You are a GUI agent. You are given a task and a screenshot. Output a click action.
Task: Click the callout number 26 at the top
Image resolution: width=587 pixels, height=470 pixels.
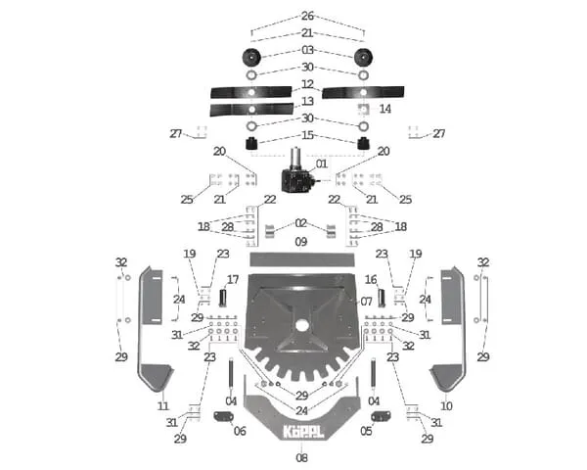pos(307,17)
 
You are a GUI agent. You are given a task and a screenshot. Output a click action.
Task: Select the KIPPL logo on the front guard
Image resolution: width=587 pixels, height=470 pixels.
pos(301,430)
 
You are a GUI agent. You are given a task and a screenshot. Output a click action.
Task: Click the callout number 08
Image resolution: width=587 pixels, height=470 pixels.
pos(301,457)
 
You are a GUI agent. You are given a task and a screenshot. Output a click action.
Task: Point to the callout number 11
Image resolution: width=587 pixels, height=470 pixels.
pos(162,404)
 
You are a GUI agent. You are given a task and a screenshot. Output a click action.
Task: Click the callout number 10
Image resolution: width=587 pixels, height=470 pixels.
pos(447,404)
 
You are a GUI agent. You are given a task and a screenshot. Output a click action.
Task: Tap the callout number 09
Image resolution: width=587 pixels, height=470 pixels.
pos(301,241)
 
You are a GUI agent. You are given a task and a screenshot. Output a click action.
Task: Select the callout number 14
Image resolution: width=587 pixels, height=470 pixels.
pos(384,109)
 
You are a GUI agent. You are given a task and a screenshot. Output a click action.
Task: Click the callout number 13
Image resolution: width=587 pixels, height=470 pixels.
pos(307,101)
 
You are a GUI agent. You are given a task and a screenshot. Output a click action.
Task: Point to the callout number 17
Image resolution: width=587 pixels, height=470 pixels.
pos(233,279)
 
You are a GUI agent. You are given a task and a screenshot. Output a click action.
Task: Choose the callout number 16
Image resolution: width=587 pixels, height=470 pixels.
pos(371,279)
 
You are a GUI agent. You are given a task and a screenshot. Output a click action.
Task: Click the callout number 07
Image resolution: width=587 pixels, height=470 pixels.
pos(366,301)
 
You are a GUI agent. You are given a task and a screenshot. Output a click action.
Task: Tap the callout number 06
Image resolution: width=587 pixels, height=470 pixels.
pos(240,431)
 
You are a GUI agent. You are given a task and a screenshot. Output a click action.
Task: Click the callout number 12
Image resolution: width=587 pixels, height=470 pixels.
pos(307,84)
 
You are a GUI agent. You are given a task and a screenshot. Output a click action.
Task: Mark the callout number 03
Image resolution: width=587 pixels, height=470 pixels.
pos(307,50)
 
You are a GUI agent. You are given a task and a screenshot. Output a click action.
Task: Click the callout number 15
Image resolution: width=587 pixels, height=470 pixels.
pos(307,135)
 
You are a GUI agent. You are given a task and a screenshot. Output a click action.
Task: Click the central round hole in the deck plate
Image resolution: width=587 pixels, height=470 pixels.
pos(301,326)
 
